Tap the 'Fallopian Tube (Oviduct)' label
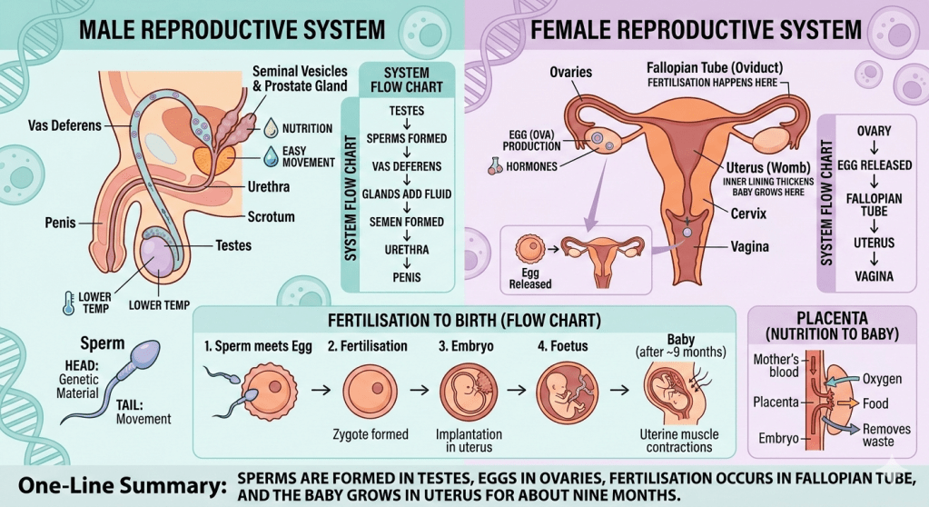click(714, 69)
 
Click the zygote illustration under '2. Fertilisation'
click(370, 389)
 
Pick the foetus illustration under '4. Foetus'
click(560, 389)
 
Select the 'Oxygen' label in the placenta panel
click(881, 378)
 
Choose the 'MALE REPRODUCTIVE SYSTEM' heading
click(232, 29)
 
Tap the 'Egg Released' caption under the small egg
click(530, 278)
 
